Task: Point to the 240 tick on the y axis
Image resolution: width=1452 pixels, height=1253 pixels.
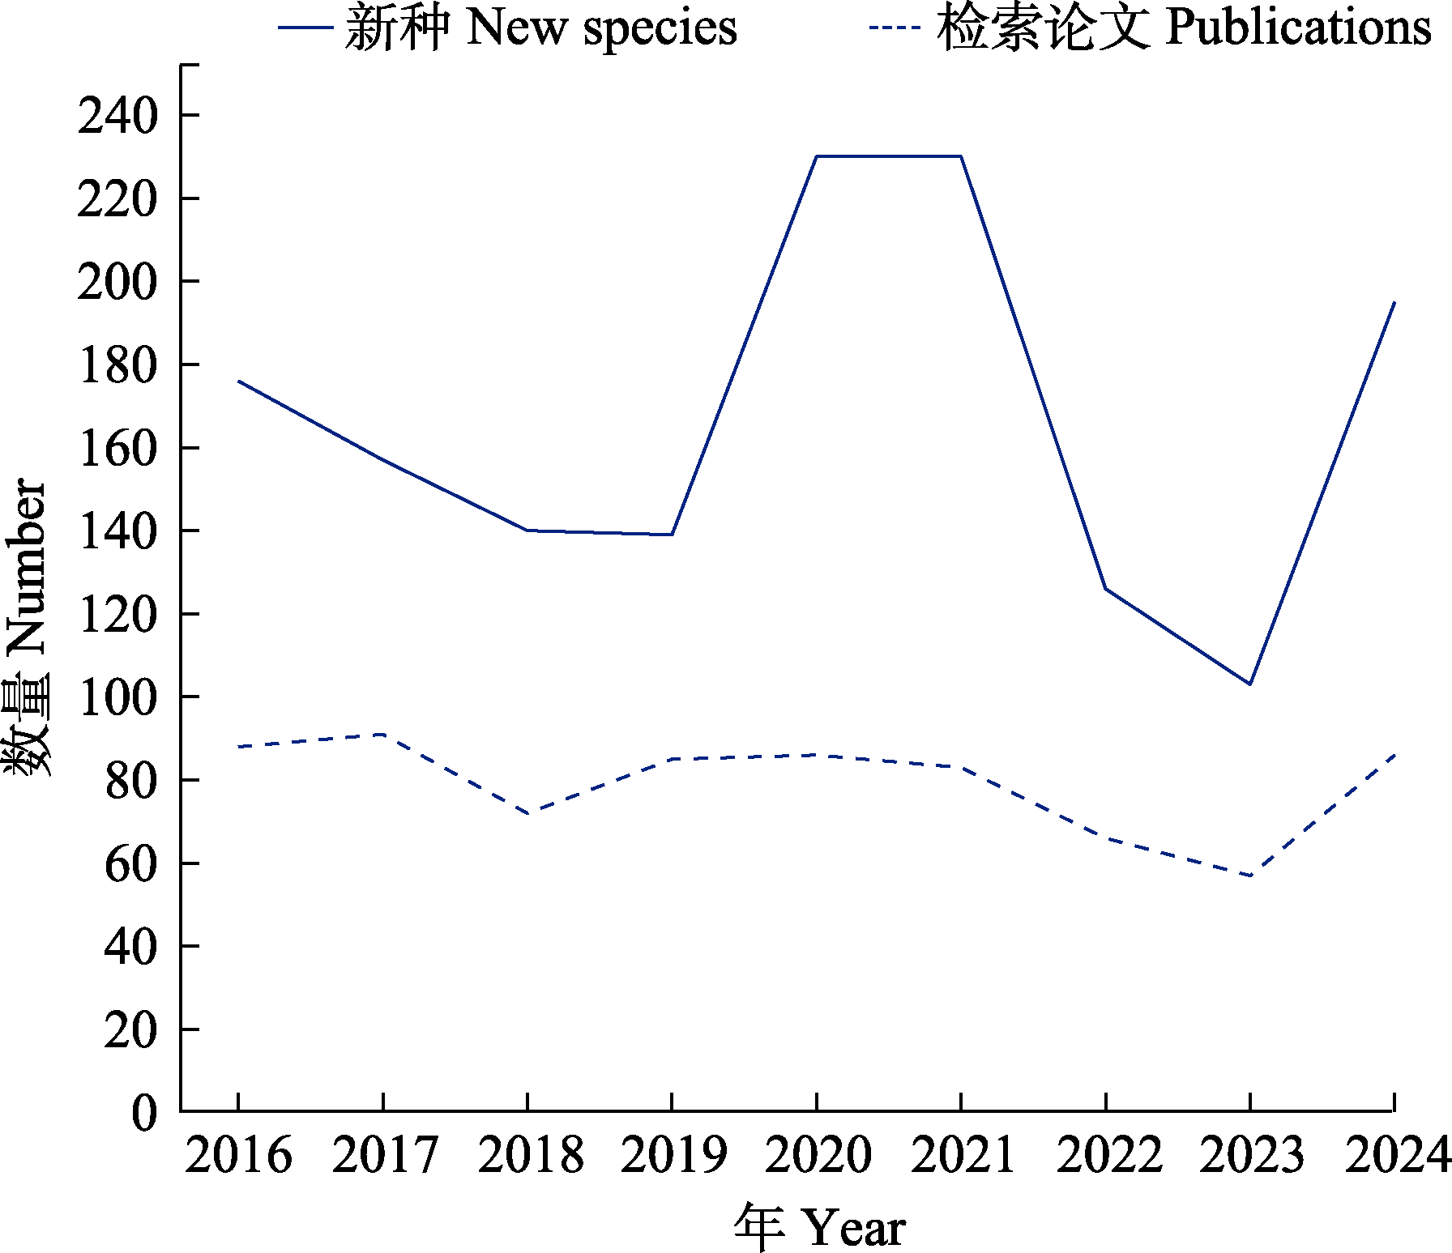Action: (x=117, y=116)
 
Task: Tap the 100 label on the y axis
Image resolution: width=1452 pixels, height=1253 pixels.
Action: (x=117, y=697)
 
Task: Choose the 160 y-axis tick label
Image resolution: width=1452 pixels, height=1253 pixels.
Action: (x=117, y=448)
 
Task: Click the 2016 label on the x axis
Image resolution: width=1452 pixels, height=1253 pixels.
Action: (x=238, y=1154)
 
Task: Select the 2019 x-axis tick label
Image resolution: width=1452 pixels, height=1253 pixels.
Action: (x=673, y=1154)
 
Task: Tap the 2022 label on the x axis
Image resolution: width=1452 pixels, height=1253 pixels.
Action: (x=1107, y=1154)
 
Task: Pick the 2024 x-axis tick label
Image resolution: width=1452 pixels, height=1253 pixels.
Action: (x=1395, y=1154)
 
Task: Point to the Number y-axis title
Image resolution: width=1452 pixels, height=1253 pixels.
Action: (x=26, y=629)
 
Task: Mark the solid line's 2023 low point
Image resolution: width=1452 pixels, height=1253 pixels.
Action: (x=1250, y=684)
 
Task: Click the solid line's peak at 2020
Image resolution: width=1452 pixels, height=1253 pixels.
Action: (x=817, y=156)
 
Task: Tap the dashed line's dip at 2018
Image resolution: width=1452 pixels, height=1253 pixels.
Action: (x=527, y=813)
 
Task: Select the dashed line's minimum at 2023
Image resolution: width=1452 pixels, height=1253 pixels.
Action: (x=1250, y=876)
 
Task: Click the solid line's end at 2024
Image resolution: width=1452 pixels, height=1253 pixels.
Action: (x=1394, y=302)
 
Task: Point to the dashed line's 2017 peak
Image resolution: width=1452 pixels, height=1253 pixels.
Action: (x=382, y=734)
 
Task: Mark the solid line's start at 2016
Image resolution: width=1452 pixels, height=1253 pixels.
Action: (x=238, y=381)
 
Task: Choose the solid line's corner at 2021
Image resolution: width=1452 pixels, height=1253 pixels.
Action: (x=961, y=156)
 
